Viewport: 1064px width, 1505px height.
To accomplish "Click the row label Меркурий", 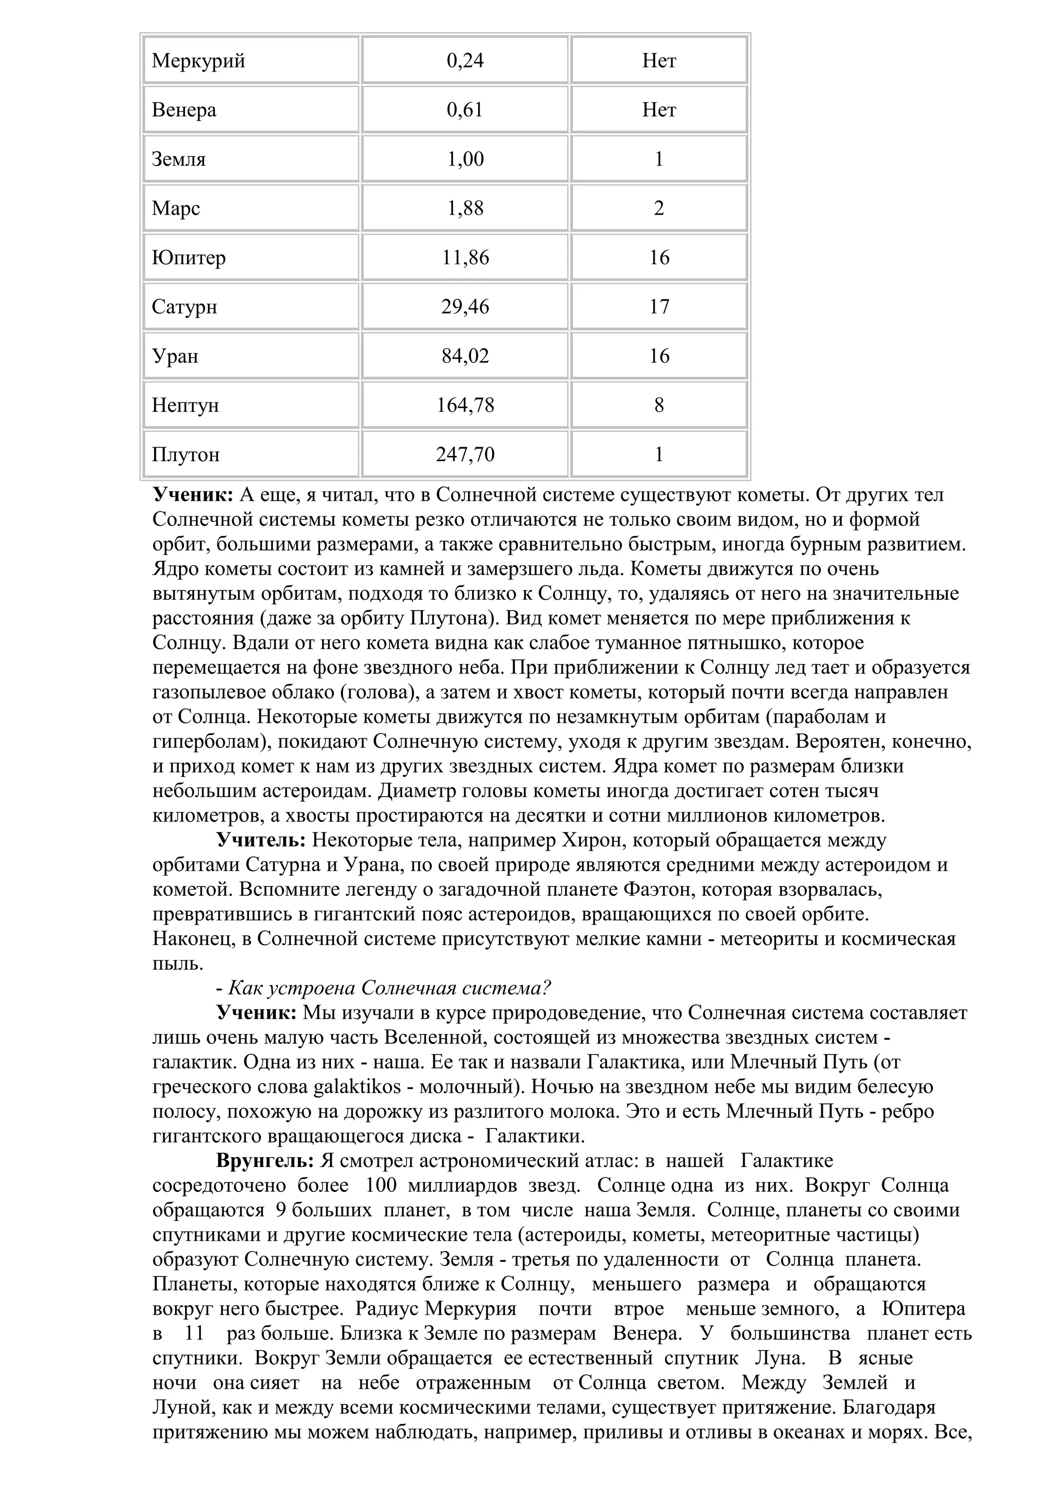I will coord(198,61).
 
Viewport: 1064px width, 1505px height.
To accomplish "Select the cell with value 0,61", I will coord(465,110).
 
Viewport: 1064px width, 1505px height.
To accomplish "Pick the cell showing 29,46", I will coord(465,307).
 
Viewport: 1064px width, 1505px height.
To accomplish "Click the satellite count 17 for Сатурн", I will coord(659,307).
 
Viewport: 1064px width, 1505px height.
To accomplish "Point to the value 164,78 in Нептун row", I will coord(465,405).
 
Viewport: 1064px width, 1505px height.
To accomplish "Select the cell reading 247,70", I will coord(465,454).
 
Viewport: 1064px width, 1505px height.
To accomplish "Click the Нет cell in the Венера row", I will coord(659,110).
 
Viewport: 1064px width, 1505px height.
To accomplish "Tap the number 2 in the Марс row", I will coord(659,208).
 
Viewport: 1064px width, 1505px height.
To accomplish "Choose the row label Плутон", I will coord(185,454).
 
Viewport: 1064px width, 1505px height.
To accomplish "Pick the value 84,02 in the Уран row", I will coord(465,356).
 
